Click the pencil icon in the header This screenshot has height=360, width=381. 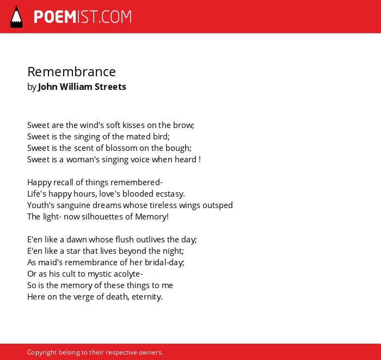tap(16, 17)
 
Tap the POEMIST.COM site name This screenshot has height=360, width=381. tap(83, 17)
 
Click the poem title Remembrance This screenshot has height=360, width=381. tap(71, 72)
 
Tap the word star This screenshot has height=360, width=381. tap(73, 251)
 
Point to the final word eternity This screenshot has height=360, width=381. tap(147, 297)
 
